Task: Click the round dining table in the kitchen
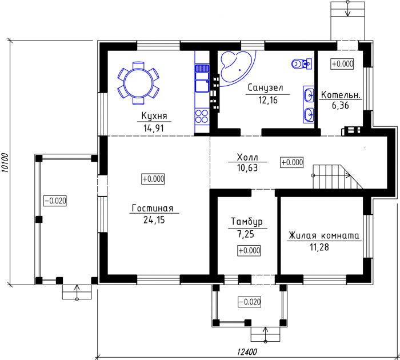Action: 138,83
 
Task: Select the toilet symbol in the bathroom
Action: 301,63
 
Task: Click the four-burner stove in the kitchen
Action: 202,116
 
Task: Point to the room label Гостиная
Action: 153,208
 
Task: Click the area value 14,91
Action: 153,128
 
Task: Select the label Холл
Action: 247,157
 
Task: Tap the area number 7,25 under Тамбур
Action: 245,234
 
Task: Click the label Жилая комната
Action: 324,235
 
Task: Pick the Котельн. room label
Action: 341,95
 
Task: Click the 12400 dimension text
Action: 247,352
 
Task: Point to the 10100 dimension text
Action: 5,163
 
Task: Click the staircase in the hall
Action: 338,177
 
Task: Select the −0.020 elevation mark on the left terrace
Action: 55,201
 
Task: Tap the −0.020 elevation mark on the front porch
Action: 250,302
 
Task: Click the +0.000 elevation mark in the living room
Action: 153,179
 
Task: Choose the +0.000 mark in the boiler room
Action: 342,64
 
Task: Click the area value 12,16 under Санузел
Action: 267,100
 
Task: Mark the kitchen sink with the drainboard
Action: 202,78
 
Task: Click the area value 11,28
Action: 319,247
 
